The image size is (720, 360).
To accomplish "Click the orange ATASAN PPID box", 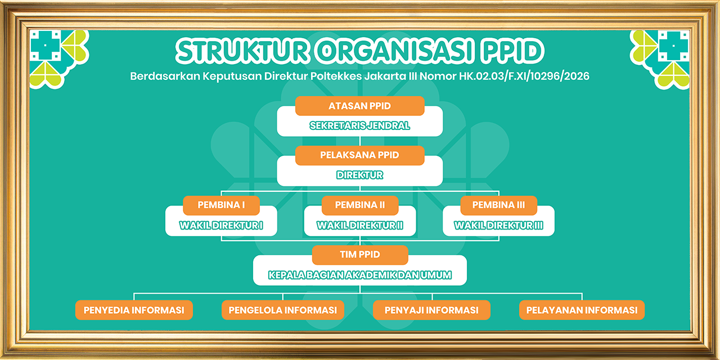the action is pos(359,106).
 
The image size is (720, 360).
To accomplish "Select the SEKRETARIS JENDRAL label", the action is pos(359,125).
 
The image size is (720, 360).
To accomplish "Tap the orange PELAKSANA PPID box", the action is pos(359,155).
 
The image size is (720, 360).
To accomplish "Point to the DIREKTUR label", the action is pos(359,175).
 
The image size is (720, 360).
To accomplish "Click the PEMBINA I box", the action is pos(221,205).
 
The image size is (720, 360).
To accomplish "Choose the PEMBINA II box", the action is pos(360,205).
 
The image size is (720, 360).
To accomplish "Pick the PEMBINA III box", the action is pos(498,205).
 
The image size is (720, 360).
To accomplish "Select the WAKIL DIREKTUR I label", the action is pos(221,226).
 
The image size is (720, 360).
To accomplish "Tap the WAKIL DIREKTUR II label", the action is pos(360,226).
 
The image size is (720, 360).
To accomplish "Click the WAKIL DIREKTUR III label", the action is pos(498,226).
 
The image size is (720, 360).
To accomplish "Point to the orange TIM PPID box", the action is pos(360,255).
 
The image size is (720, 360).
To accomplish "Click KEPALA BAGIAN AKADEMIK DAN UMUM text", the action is pos(360,275).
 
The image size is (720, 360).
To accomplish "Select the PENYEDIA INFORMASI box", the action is pos(134,310).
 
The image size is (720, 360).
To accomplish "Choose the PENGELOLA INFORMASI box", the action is pos(283,310).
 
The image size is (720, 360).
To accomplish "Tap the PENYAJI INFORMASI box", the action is pos(431,310).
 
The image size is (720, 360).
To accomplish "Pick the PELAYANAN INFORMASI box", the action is pos(582,310).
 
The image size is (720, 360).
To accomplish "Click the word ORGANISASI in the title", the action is pos(395,51).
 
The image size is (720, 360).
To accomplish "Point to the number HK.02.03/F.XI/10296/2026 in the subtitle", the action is pos(524,76).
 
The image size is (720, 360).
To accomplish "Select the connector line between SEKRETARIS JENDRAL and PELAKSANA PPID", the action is pos(360,141).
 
